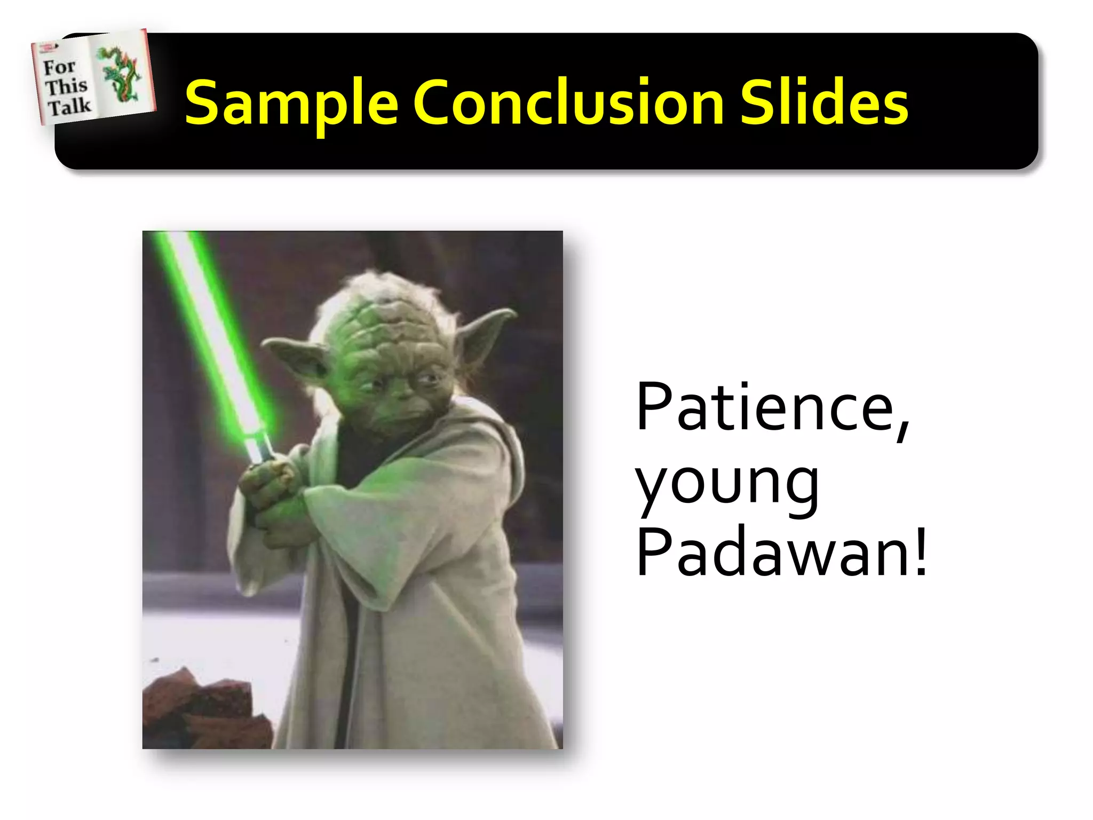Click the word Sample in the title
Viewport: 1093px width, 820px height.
click(x=291, y=102)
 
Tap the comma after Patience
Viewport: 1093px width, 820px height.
click(x=902, y=427)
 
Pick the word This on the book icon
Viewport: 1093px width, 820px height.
click(x=66, y=86)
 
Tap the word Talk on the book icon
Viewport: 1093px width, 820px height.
click(x=69, y=106)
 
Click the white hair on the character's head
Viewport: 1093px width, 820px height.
click(x=374, y=288)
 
